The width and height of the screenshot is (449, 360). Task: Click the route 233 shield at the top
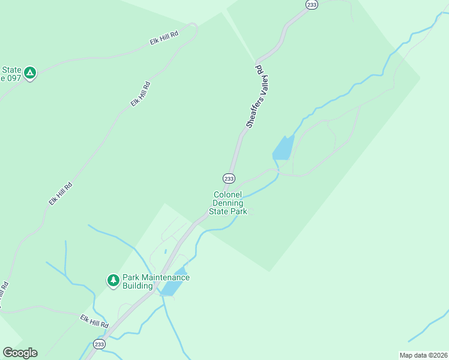point(312,5)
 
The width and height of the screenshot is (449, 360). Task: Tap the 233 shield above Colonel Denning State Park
point(229,178)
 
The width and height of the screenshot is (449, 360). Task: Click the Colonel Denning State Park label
point(228,203)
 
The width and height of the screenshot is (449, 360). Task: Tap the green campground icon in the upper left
point(29,73)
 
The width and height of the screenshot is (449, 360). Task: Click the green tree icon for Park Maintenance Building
point(113,280)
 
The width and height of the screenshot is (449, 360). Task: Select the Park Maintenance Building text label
point(155,281)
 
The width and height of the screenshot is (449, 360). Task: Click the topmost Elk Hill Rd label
point(164,39)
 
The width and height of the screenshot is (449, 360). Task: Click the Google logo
point(20,353)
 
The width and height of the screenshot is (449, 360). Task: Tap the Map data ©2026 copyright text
point(423,355)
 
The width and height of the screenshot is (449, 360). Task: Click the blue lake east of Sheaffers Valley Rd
point(283,148)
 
